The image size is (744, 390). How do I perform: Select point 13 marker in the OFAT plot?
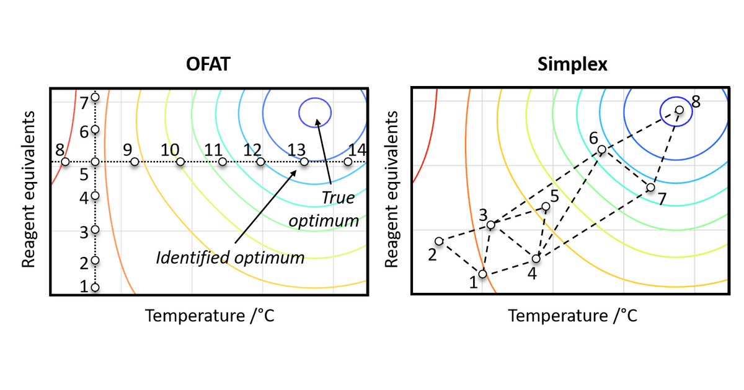304,162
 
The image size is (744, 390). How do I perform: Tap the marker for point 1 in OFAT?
95,287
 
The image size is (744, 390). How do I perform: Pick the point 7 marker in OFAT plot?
95,97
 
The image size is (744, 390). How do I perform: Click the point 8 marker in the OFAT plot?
65,162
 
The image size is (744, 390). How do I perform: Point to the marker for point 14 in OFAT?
348,162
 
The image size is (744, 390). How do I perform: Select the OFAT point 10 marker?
180,162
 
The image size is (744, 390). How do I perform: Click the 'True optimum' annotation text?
339,209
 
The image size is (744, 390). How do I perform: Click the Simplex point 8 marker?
679,110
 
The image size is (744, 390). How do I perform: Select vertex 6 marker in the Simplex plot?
601,149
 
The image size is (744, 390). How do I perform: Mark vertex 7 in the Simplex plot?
650,187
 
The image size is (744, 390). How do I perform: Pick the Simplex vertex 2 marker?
439,241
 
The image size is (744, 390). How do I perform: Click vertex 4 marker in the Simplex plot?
536,258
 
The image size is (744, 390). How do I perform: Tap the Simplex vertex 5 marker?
546,206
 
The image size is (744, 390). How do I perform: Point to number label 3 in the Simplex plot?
482,215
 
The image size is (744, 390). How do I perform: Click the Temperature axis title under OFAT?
210,316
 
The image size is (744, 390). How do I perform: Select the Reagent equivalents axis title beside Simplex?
391,190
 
